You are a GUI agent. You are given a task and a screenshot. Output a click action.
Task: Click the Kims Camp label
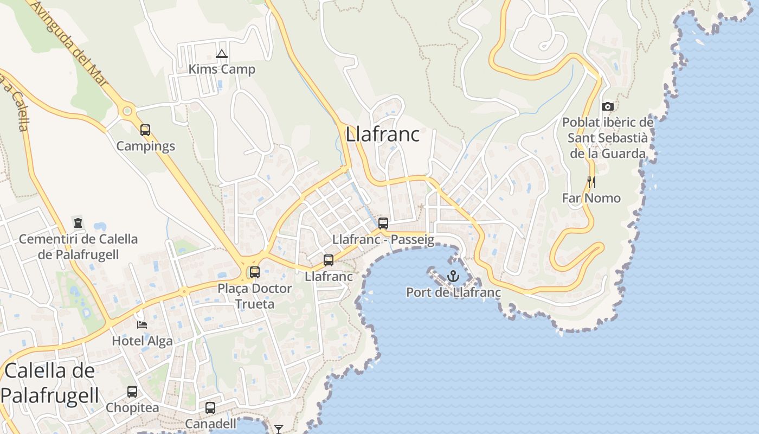(x=221, y=69)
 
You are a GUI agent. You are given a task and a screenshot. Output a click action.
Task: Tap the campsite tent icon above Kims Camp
(x=221, y=54)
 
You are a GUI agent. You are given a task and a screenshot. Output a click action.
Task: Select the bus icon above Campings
(x=145, y=130)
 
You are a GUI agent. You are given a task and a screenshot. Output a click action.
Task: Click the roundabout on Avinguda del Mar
(x=127, y=111)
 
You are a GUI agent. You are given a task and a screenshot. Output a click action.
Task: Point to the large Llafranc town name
(x=383, y=134)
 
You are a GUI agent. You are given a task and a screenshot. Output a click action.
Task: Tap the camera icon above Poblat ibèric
(x=608, y=106)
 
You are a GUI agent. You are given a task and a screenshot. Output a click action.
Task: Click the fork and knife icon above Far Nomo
(x=591, y=182)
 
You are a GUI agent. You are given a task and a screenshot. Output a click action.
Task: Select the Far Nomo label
(x=591, y=198)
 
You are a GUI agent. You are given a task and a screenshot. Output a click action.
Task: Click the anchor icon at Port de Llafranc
(x=453, y=277)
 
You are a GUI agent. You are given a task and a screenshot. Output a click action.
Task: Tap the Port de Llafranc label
(x=453, y=293)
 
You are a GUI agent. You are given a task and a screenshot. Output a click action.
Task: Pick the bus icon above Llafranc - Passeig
(x=383, y=223)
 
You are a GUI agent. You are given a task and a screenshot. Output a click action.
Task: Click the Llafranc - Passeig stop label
(x=383, y=239)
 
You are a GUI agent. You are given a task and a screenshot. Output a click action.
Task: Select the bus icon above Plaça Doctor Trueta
(x=255, y=272)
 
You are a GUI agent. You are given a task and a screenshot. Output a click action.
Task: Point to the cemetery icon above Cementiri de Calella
(x=78, y=222)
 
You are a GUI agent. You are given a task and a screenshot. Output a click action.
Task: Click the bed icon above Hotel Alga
(x=142, y=324)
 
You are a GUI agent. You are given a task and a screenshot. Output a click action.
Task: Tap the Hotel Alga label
(x=142, y=341)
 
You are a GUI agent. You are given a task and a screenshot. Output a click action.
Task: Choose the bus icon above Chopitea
(x=132, y=391)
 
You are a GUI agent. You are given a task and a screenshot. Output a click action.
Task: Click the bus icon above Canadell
(x=210, y=407)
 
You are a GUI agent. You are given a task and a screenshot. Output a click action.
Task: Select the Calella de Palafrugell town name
(x=50, y=383)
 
